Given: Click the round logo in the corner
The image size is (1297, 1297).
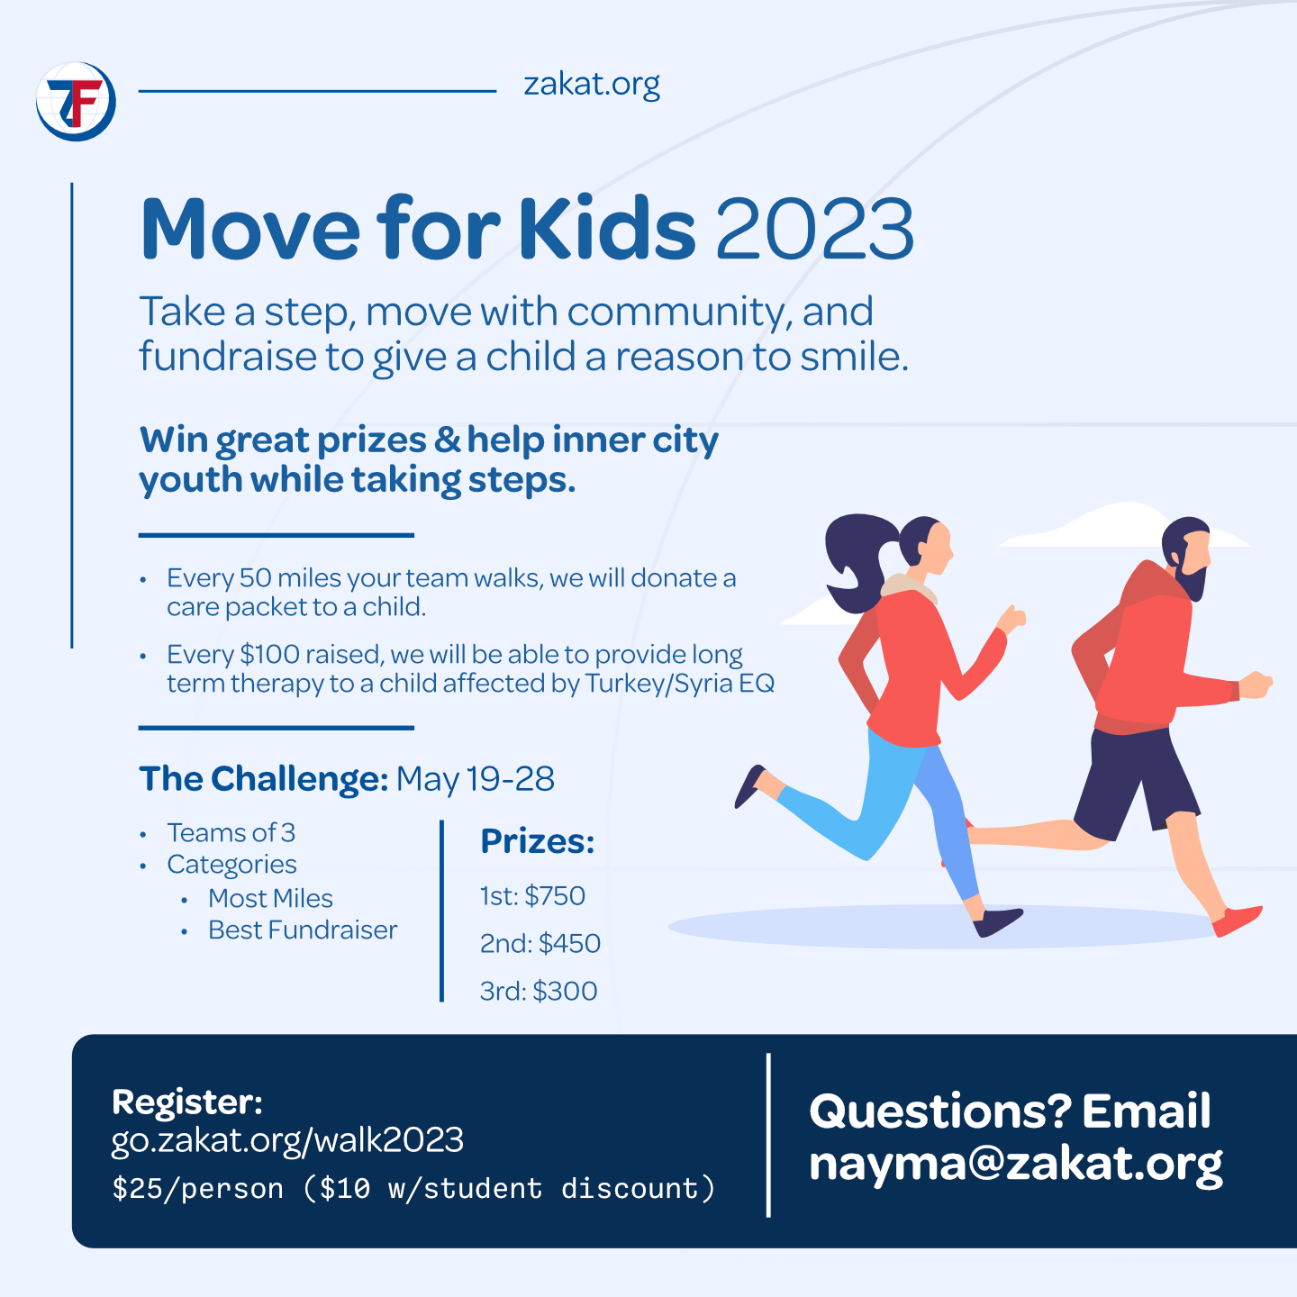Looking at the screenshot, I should point(77,101).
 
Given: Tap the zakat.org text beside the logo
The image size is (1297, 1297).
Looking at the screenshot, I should point(592,84).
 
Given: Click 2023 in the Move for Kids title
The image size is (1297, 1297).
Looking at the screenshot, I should point(815,229).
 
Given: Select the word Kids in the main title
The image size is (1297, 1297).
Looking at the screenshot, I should point(606,229).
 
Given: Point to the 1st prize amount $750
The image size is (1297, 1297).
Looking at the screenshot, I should point(555,896).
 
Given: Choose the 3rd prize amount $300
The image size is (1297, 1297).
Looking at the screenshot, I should point(565,991).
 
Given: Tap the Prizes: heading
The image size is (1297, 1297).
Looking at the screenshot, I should point(538,841).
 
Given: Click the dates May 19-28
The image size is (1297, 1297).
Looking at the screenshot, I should point(476,779).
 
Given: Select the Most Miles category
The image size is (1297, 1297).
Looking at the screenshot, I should point(270,898).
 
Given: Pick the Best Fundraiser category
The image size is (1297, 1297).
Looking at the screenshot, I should point(303,930).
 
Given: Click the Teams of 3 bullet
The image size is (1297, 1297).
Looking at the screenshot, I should point(231,832).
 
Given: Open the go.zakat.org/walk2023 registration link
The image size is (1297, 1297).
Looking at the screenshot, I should point(287,1140).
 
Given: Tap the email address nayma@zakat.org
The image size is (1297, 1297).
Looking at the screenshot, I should point(1015,1163).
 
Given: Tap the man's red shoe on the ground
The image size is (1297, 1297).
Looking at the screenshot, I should point(1238,921).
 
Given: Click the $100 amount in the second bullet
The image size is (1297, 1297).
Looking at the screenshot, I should point(269,654).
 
